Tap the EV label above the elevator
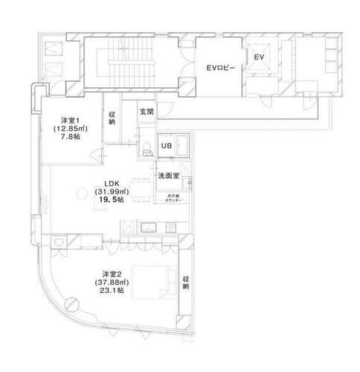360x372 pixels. tap(259, 57)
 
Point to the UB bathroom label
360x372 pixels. tap(167, 146)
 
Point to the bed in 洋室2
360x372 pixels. tap(153, 283)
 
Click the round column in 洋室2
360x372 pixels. tap(71, 303)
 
